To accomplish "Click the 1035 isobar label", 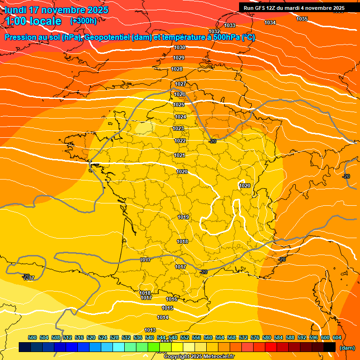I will pyautogui.click(x=302, y=19).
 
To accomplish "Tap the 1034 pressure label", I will pyautogui.click(x=270, y=22).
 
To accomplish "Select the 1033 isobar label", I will pyautogui.click(x=230, y=25).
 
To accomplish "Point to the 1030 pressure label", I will pyautogui.click(x=179, y=47).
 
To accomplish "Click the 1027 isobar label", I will pyautogui.click(x=180, y=84).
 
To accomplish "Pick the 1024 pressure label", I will pyautogui.click(x=180, y=117).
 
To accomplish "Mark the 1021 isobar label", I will pyautogui.click(x=180, y=155).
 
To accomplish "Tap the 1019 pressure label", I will pyautogui.click(x=183, y=217).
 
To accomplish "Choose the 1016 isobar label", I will pyautogui.click(x=172, y=299).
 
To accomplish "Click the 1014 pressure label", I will pyautogui.click(x=163, y=317).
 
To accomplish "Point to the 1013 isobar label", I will pyautogui.click(x=150, y=330).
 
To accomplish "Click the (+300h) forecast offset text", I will pyautogui.click(x=83, y=21).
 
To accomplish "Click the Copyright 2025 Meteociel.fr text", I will pyautogui.click(x=199, y=357).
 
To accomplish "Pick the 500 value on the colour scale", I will pyautogui.click(x=32, y=337).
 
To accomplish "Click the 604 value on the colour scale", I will pyautogui.click(x=337, y=337).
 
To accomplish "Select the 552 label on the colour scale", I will pyautogui.click(x=185, y=337).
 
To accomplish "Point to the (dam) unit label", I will pyautogui.click(x=347, y=347).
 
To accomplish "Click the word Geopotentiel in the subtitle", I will pyautogui.click(x=108, y=37).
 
